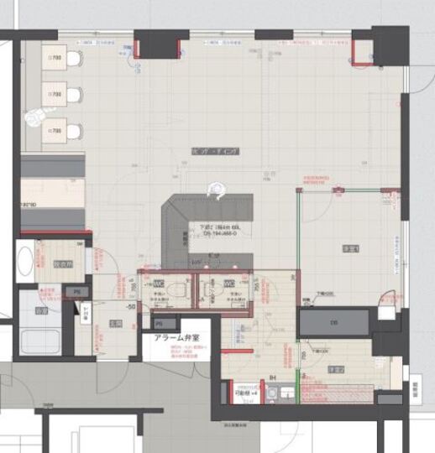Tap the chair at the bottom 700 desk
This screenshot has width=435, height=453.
[75, 132]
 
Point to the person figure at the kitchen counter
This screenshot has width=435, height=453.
[216, 191]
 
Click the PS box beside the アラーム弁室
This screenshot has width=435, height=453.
[158, 323]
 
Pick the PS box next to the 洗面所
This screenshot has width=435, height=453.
[76, 291]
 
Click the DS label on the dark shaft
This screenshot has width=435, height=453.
[333, 322]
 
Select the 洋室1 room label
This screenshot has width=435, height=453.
[350, 248]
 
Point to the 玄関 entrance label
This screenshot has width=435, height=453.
[116, 324]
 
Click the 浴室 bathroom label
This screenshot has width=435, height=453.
[41, 310]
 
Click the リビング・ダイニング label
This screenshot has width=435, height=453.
[216, 150]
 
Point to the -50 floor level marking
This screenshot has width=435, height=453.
[130, 307]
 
